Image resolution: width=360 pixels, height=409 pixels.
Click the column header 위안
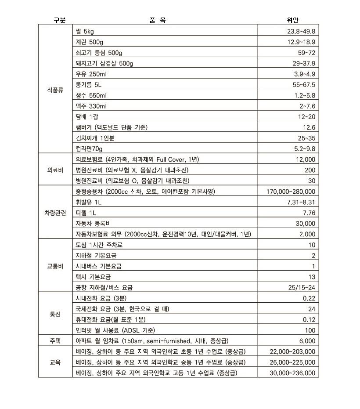[x=292, y=20]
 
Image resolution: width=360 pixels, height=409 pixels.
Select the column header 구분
[x=60, y=20]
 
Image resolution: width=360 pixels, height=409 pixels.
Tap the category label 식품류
[x=55, y=90]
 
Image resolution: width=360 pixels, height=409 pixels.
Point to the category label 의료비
[x=55, y=170]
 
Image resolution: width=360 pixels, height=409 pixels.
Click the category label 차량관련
[x=55, y=213]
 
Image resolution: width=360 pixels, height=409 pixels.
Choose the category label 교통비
[x=55, y=266]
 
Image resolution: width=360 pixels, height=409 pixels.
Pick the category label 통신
[x=55, y=314]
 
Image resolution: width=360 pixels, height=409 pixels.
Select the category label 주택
[x=55, y=340]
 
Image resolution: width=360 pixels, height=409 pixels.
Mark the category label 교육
[x=55, y=362]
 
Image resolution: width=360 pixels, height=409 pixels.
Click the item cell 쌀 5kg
[x=85, y=31]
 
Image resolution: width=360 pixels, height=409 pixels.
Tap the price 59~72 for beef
[x=306, y=53]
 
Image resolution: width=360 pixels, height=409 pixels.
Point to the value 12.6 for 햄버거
[x=309, y=127]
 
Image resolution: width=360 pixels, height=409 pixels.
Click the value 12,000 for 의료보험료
[x=304, y=159]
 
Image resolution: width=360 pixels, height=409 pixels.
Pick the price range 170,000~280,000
[x=291, y=192]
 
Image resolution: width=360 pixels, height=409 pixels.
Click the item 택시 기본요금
[x=93, y=277]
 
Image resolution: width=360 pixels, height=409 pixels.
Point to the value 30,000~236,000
[x=292, y=373]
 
